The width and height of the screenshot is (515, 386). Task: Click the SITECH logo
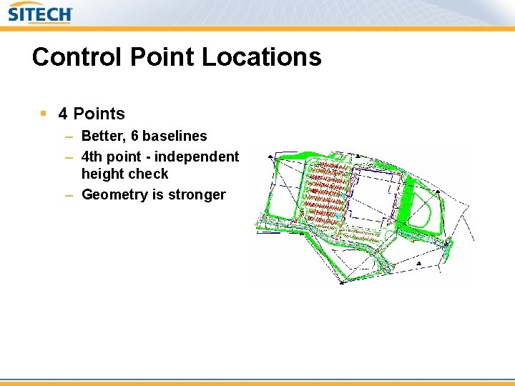click(x=39, y=14)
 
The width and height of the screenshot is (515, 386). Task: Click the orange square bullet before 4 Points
click(x=44, y=113)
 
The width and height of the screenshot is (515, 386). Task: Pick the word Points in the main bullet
click(x=99, y=114)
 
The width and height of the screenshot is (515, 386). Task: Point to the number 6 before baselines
click(x=134, y=136)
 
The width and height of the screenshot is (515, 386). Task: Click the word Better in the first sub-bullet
click(x=102, y=136)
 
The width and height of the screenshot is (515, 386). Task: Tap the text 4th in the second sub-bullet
click(x=92, y=156)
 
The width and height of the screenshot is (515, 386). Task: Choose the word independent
click(x=197, y=156)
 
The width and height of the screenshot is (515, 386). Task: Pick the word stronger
click(x=197, y=194)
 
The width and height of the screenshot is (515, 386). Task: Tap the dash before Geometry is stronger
click(x=69, y=194)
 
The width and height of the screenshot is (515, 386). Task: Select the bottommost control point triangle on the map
click(x=342, y=282)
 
